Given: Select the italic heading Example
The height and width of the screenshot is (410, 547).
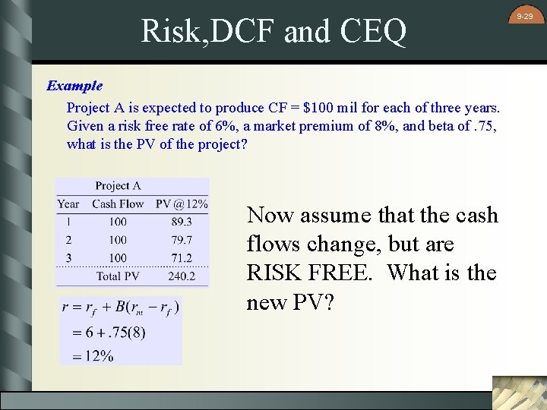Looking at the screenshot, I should click(74, 86).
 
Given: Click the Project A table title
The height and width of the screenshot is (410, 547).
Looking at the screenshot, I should click(118, 186).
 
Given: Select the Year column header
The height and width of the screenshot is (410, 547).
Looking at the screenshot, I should click(68, 203).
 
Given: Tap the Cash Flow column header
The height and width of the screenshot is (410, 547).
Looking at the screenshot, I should click(118, 203).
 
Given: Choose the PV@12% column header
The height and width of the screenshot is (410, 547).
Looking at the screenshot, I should click(182, 203).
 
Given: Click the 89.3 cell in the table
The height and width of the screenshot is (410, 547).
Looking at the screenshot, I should click(182, 222).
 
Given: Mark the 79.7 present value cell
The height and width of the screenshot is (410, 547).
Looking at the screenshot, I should click(182, 240).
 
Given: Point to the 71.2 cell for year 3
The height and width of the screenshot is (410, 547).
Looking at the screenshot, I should click(182, 258).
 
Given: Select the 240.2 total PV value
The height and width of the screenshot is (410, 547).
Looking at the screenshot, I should click(182, 276).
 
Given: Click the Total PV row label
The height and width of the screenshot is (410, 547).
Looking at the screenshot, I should click(118, 276).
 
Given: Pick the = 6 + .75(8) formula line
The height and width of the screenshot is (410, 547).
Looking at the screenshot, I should click(108, 332).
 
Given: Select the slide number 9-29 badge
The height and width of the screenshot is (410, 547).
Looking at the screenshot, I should click(525, 16).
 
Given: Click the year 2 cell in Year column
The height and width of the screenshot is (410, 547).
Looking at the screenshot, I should click(68, 240).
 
